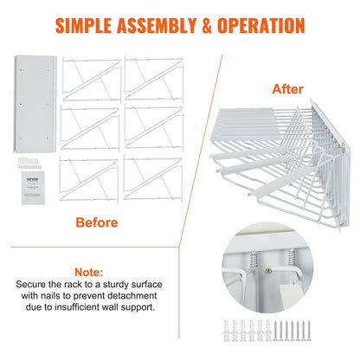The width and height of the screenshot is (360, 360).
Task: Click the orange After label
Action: tap(287, 88)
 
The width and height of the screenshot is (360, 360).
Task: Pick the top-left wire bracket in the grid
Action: tap(87, 76)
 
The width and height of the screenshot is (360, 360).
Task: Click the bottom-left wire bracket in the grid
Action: tap(87, 178)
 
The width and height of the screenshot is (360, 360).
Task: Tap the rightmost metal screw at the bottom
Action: tap(345, 334)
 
